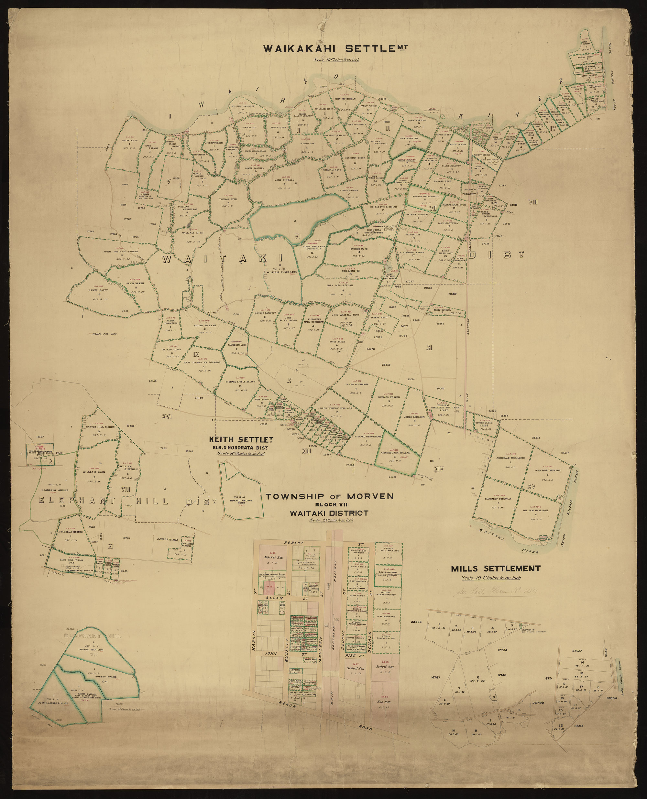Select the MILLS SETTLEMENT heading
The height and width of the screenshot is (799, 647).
click(495, 569)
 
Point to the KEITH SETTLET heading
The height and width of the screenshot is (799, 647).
click(238, 439)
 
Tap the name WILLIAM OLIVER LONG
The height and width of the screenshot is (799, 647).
click(281, 272)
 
